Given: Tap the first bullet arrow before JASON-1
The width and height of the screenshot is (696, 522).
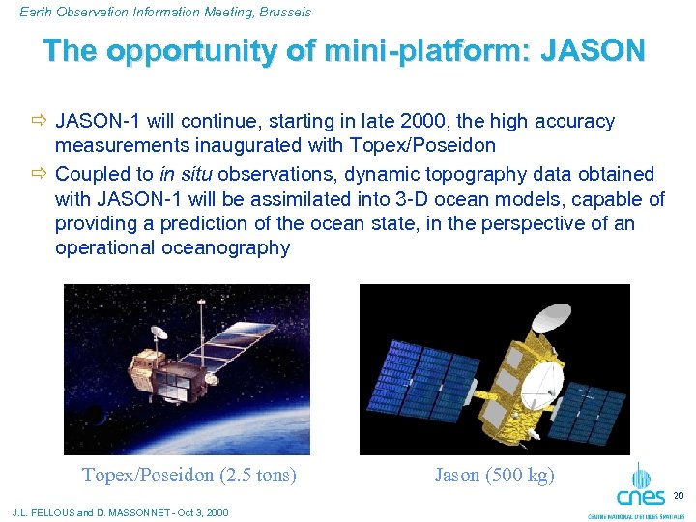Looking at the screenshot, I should (x=39, y=122).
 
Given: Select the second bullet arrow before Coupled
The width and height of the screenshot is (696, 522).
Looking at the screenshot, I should (x=39, y=175).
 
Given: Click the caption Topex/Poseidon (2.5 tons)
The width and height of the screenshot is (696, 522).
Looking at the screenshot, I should (x=188, y=475).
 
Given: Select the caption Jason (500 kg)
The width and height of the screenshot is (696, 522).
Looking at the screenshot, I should (x=494, y=475).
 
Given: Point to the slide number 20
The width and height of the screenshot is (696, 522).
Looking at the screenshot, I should (x=678, y=496).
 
